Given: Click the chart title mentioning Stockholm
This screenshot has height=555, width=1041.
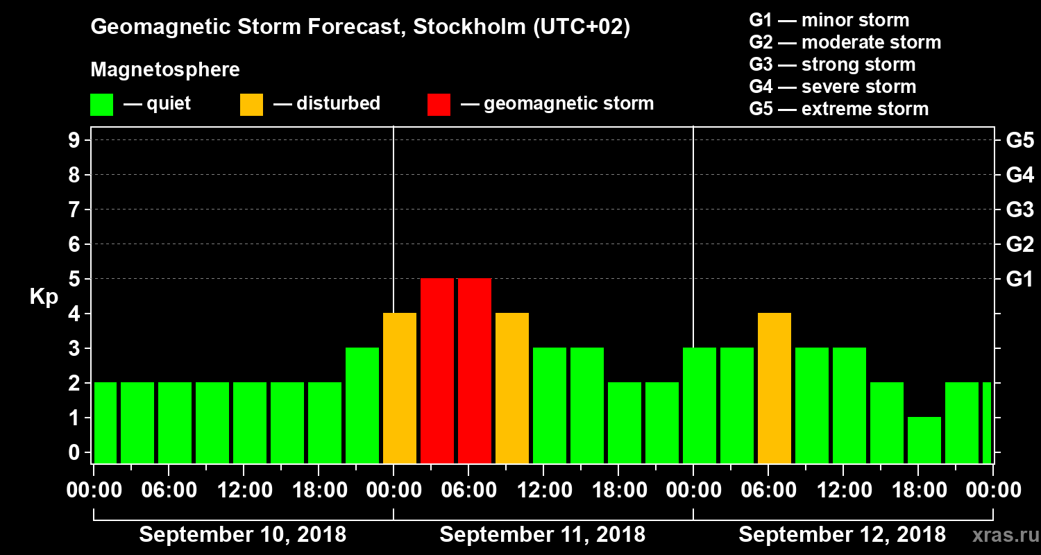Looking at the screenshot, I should [360, 28].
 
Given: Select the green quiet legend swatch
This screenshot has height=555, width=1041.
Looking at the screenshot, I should [101, 104].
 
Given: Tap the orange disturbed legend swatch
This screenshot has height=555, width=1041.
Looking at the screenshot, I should [251, 104].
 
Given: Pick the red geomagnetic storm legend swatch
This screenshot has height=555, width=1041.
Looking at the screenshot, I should [439, 104].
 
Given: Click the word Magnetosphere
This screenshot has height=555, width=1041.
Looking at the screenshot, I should [165, 70].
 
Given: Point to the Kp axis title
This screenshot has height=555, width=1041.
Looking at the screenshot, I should [44, 296].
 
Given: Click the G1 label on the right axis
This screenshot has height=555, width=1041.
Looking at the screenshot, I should [1019, 279].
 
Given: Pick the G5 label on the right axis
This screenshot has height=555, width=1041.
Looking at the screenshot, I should [1019, 140].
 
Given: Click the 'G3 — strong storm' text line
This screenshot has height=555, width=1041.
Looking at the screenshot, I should [832, 65].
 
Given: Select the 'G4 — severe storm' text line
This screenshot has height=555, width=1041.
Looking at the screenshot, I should [832, 87].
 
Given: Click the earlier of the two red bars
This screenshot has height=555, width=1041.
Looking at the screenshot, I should [437, 370].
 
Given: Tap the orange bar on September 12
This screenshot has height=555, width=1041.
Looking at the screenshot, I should [775, 388].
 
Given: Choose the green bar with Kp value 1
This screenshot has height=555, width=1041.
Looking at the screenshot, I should [924, 440].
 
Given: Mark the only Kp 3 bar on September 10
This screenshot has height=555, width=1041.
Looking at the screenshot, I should [362, 405].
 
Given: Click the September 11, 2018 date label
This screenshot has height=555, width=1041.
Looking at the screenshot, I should [542, 535].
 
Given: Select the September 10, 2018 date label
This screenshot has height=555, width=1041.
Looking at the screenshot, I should [243, 535].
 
